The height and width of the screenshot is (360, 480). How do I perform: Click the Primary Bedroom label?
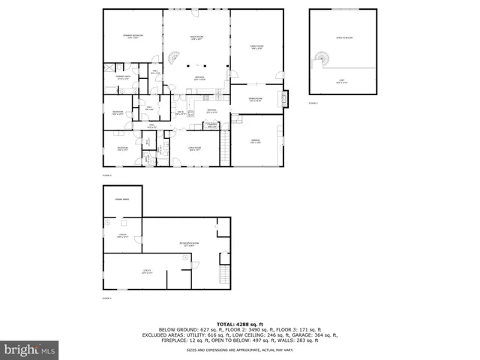point(133,36)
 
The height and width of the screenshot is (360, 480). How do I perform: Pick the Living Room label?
point(196,148)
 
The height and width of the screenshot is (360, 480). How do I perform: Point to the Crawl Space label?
point(121,199)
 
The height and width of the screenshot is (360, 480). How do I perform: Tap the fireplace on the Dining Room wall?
point(283,97)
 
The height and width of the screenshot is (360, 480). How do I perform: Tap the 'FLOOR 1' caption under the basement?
point(106,298)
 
